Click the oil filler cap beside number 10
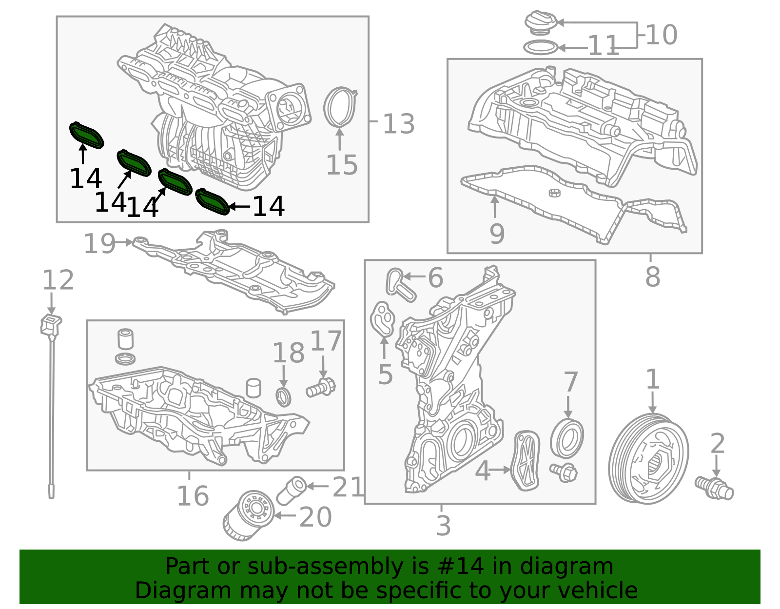point(540,23)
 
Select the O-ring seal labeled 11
point(540,48)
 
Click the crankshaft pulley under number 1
point(648,458)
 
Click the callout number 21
point(348,487)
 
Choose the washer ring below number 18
point(284,396)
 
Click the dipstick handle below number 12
point(51,325)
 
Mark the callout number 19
point(99,243)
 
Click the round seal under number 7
point(567,438)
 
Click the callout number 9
point(497,234)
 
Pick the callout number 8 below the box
point(652,276)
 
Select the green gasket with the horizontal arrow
point(212,201)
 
